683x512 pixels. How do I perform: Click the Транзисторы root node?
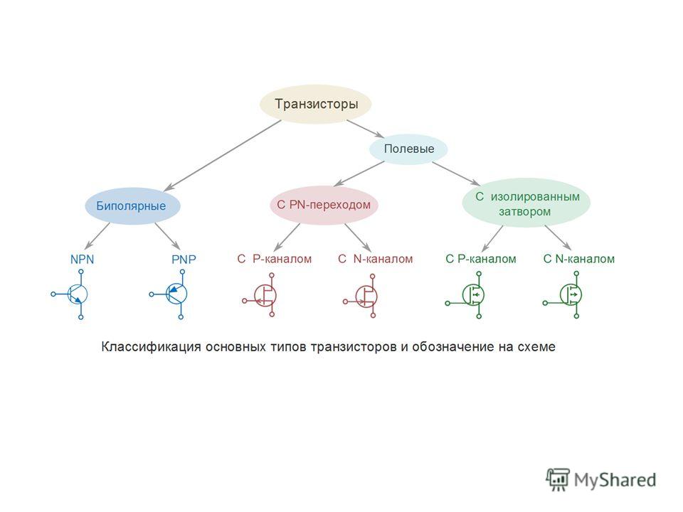(x=315, y=104)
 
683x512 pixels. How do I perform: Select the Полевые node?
(x=408, y=149)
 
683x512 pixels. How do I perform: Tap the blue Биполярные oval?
(x=132, y=206)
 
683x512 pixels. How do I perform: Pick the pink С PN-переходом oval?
(x=324, y=205)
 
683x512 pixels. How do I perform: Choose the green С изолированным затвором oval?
(x=526, y=203)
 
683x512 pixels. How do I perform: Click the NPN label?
(x=82, y=260)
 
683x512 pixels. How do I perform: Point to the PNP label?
(x=184, y=260)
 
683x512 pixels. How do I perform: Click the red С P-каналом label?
(x=275, y=259)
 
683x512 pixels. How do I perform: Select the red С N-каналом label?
(x=375, y=259)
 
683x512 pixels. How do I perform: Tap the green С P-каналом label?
(x=481, y=259)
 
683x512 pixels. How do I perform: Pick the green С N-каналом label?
(x=579, y=259)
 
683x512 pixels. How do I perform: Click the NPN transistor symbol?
(x=72, y=294)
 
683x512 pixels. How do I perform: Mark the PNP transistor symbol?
(x=171, y=294)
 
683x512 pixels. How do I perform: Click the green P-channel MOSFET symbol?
(x=468, y=295)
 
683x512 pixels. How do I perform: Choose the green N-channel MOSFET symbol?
(x=566, y=295)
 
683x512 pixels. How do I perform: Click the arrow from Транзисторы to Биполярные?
(x=223, y=156)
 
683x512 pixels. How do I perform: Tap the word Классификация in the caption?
(x=151, y=347)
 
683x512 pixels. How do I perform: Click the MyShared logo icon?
(x=558, y=479)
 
